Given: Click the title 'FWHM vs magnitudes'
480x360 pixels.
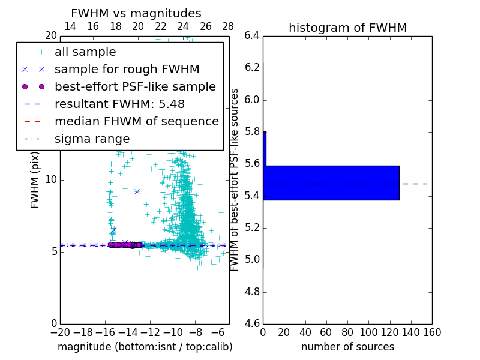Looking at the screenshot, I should tap(136, 13).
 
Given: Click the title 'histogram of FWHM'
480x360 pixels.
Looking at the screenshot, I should tap(347, 28).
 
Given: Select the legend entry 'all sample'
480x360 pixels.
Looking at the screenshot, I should tap(85, 52).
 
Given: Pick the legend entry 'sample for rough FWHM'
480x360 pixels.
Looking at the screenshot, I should tap(127, 69).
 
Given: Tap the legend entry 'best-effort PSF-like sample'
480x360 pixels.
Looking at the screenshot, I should tap(135, 86).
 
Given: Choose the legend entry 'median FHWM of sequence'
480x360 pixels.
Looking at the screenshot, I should tap(136, 121).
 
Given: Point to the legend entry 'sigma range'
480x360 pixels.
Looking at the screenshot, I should tap(92, 139).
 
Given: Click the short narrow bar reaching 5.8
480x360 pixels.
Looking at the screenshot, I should tap(265, 148).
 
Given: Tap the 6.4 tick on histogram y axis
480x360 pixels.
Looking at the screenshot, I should tap(252, 35).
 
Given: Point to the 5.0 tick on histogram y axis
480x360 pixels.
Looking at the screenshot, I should tap(252, 260).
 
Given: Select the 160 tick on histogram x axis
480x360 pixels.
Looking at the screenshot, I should tap(432, 332).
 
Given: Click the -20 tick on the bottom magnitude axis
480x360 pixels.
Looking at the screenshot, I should tap(60, 332).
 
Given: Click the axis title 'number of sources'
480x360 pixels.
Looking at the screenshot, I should tap(347, 347).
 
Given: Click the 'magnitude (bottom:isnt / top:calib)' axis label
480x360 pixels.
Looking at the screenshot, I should tap(145, 347).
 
